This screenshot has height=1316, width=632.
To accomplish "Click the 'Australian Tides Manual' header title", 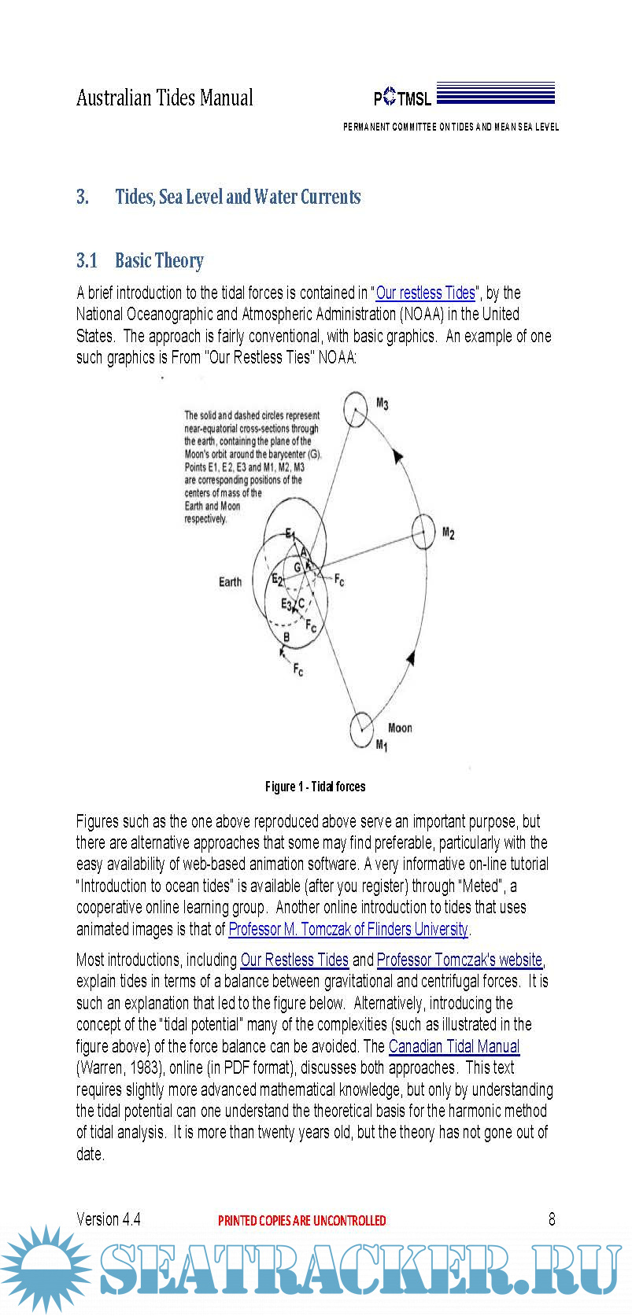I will coord(164,98).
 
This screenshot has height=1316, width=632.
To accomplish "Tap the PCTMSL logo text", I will coord(402,98).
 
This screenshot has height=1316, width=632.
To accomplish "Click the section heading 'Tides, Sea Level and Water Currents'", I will coord(238,197).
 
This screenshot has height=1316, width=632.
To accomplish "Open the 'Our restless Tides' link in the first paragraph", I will coord(426,293).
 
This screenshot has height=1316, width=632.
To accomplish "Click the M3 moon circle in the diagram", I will coord(356,410).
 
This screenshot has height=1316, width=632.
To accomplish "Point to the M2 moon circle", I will coord(423,532).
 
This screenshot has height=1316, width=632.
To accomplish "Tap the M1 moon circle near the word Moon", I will coord(361,728).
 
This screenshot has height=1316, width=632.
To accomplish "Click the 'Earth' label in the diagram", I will coord(230,582).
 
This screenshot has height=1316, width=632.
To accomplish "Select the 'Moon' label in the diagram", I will coord(400,728).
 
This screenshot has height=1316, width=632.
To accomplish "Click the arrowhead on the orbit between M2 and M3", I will coord(398,456).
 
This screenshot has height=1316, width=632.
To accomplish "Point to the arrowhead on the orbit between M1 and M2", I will coord(409,657).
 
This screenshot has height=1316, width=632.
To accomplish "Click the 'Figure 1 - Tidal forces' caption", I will coord(315,787).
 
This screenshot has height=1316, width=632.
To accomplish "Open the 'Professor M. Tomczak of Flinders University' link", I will coord(348,929).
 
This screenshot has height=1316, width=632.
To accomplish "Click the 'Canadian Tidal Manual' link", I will coord(454,1046).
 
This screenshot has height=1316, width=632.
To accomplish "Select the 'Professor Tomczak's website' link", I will coord(460,960).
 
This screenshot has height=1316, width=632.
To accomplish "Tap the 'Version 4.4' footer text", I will coord(109,1219).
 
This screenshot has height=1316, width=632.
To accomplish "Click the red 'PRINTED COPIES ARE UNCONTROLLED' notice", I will coord(301,1221).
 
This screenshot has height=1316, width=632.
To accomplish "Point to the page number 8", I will coord(552,1219).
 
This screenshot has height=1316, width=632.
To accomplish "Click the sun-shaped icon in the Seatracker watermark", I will coord(46,1270).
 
